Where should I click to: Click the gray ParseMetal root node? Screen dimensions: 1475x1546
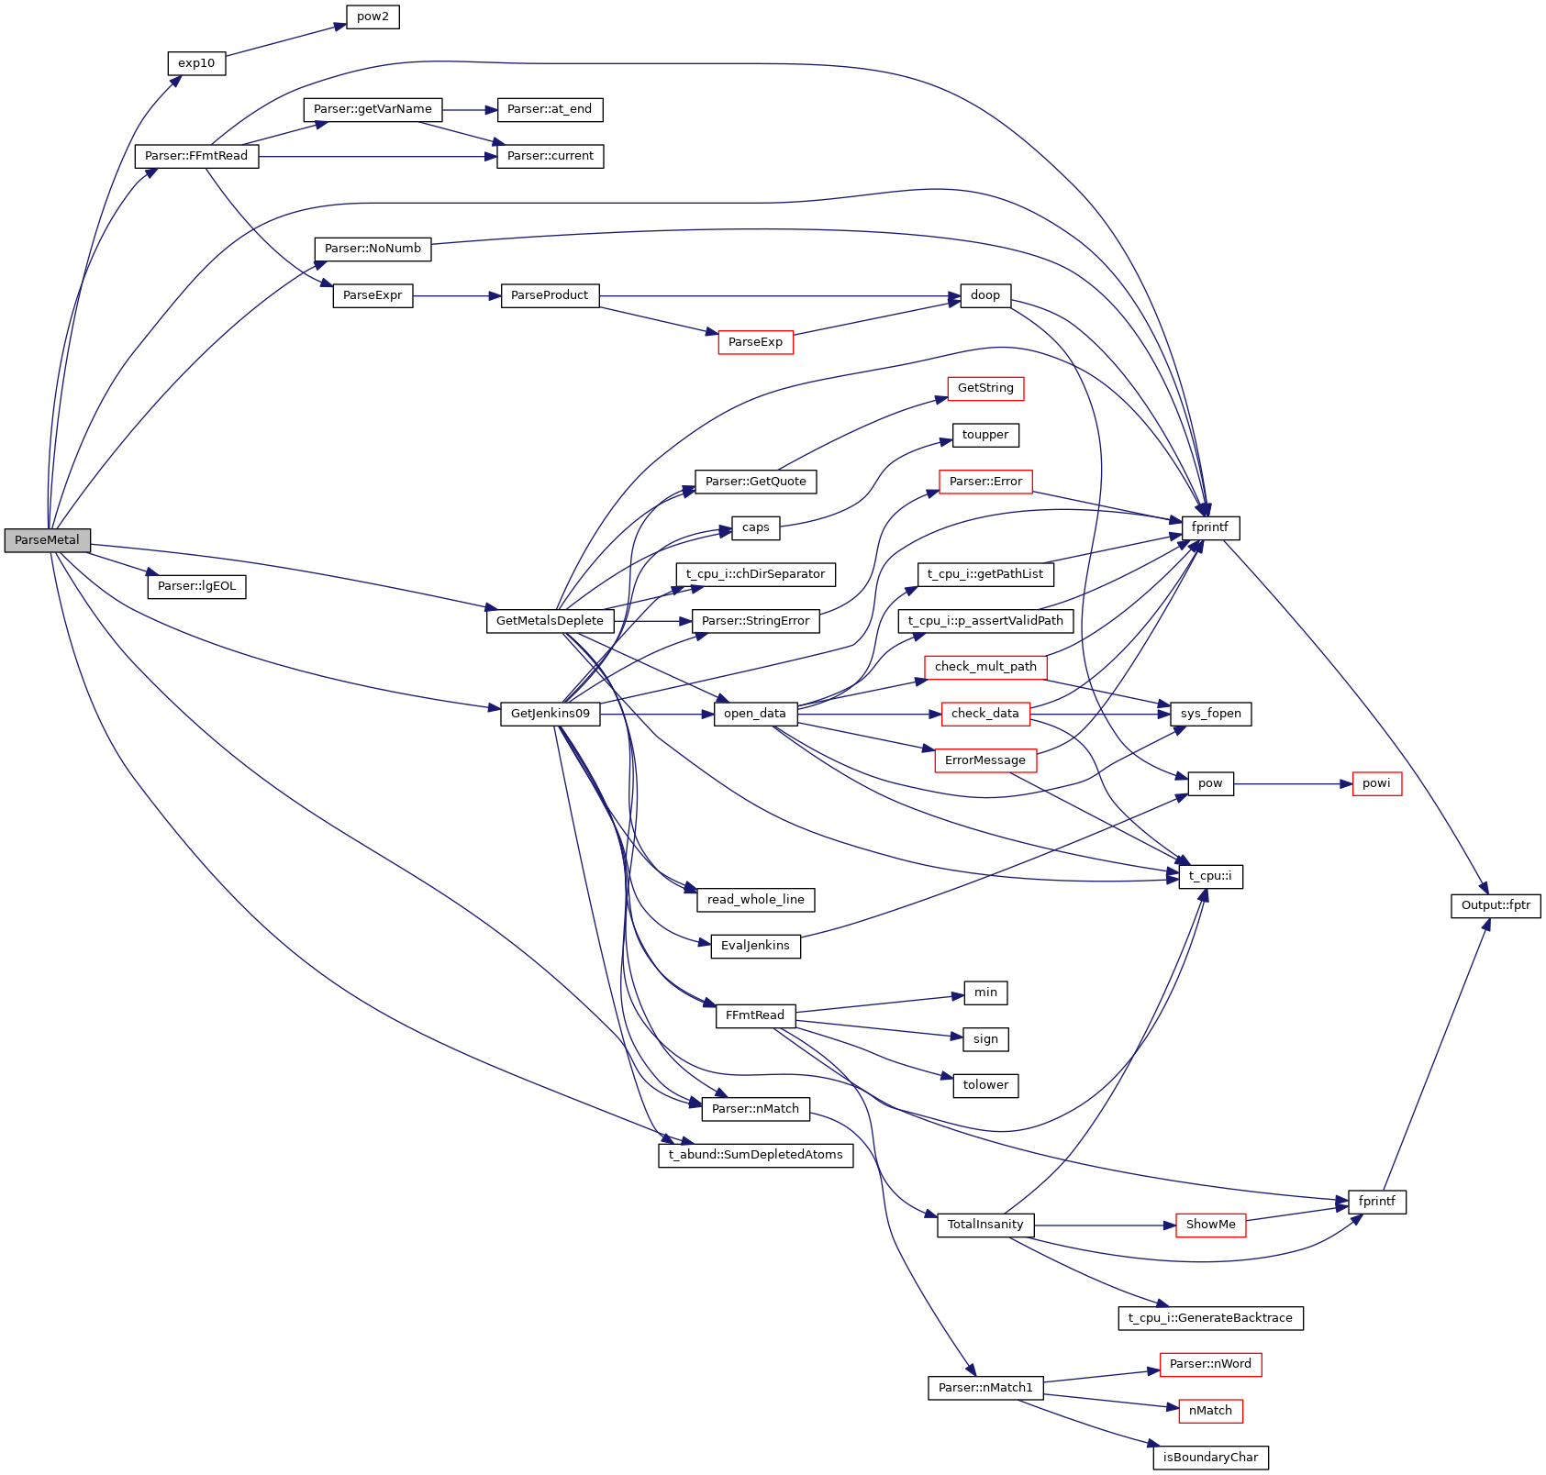point(47,540)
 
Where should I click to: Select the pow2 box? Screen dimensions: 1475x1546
point(373,17)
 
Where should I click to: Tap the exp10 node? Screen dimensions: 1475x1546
point(196,63)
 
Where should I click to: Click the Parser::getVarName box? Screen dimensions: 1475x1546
point(373,109)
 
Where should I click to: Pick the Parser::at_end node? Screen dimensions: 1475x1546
point(550,109)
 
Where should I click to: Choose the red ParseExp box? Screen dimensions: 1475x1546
point(755,342)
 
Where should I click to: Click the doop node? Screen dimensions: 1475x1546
point(985,295)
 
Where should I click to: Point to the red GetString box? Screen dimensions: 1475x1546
point(985,388)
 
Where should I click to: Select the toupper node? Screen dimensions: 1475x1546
point(985,435)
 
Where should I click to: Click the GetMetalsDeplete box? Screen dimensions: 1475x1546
point(550,621)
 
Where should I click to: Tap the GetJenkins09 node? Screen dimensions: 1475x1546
point(551,714)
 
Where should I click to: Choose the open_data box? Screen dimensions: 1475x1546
point(755,714)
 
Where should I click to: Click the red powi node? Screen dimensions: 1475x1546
point(1376,783)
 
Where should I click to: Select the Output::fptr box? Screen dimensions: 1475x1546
point(1496,905)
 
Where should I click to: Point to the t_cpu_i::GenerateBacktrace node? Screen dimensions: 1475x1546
point(1210,1318)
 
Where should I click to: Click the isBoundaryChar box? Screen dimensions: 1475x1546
point(1210,1458)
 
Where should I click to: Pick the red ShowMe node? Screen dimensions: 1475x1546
point(1210,1225)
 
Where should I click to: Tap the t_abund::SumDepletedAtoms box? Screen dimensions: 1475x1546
point(755,1155)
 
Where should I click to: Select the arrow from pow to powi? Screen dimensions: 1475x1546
point(1293,784)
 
